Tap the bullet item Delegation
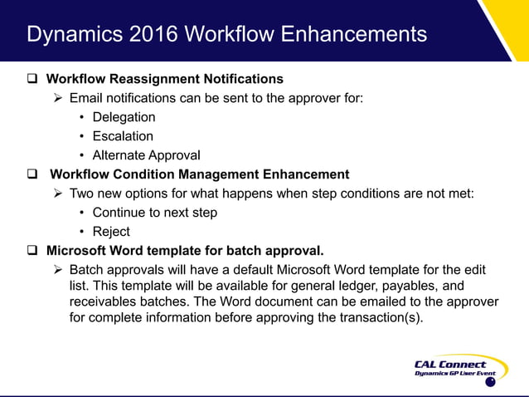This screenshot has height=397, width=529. (124, 117)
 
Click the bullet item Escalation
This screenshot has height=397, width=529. (123, 136)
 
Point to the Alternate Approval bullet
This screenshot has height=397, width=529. (146, 155)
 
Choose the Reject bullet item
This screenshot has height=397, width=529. (111, 232)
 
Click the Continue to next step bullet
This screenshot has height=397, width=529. (154, 213)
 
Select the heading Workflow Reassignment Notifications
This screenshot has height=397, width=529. (164, 80)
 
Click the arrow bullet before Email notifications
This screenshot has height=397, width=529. (58, 99)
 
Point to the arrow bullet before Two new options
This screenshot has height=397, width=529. (58, 194)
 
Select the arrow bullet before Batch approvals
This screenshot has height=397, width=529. (58, 270)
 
